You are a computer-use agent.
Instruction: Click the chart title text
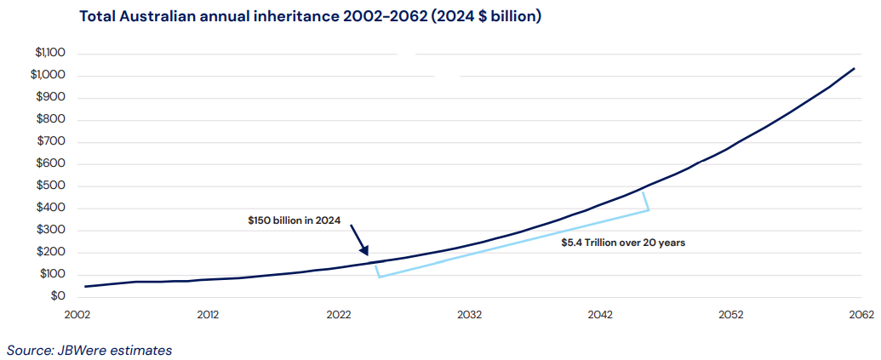[x=310, y=17]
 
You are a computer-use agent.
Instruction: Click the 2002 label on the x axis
[x=77, y=315]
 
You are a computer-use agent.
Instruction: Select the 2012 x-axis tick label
[x=208, y=315]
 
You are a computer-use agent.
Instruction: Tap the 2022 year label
[x=339, y=315]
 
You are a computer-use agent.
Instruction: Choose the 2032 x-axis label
[x=469, y=315]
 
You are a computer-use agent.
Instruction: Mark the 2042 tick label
[x=600, y=315]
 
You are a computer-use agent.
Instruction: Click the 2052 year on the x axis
[x=730, y=315]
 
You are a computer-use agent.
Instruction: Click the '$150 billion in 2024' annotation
[x=295, y=220]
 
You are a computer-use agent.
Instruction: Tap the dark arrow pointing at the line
[x=359, y=240]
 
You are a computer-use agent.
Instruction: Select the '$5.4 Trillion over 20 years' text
[x=623, y=243]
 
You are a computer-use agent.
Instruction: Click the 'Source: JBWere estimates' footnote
[x=89, y=350]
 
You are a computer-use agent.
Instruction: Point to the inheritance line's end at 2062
[x=855, y=69]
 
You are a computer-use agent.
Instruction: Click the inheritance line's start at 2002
[x=85, y=286]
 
